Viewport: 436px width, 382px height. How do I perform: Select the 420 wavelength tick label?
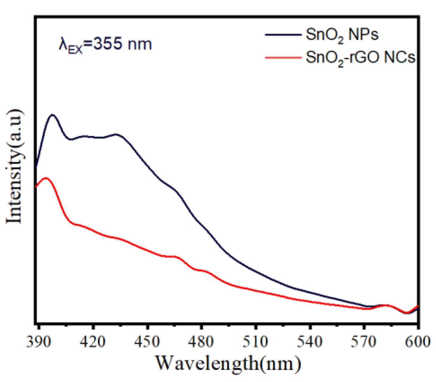[x=93, y=342]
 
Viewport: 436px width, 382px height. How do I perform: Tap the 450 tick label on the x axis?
[x=147, y=342]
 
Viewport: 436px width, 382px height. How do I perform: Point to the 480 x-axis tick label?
[x=201, y=342]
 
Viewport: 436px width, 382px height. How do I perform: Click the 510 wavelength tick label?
[x=255, y=342]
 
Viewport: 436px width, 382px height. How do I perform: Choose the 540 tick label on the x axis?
[x=310, y=342]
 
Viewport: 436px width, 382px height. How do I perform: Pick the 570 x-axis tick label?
[x=364, y=342]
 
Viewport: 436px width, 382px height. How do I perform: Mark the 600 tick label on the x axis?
[x=417, y=342]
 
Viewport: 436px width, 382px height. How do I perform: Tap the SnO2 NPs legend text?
[x=342, y=35]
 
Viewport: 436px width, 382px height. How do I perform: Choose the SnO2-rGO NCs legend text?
[x=360, y=57]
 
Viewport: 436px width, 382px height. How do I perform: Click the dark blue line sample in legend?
[x=283, y=35]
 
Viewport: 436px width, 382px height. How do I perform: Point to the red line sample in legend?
[x=283, y=57]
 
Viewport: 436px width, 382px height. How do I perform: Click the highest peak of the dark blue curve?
[x=53, y=115]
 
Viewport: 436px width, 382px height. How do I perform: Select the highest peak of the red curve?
[x=46, y=178]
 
